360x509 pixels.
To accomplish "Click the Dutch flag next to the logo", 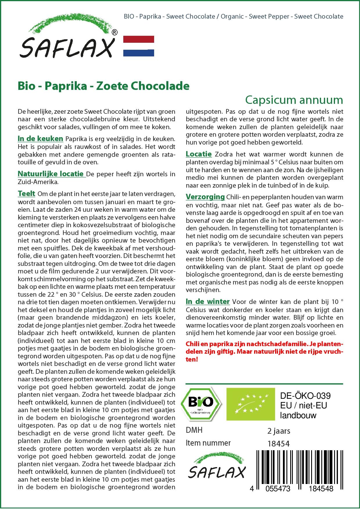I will click(x=139, y=46).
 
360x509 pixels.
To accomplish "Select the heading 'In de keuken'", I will click(x=40, y=139).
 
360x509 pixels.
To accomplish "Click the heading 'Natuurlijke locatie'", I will click(x=51, y=174).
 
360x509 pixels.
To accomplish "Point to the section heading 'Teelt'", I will click(x=26, y=194).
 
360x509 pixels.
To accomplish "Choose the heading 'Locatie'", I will click(x=199, y=154).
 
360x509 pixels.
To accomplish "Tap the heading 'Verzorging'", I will click(x=205, y=197).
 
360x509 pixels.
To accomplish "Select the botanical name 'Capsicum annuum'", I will click(x=294, y=100).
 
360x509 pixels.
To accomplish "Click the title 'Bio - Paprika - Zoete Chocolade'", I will click(x=104, y=86).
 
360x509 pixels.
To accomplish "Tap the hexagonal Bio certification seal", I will click(x=201, y=404).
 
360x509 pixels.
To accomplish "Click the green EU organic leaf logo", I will click(x=251, y=404).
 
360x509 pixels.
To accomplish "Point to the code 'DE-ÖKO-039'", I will click(x=305, y=396).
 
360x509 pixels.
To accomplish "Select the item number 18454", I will click(x=278, y=444).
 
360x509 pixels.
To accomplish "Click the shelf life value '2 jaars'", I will click(x=279, y=431).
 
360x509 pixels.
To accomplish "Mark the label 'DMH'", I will click(x=194, y=430).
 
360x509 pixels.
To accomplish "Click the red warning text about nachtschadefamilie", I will click(x=264, y=351).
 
